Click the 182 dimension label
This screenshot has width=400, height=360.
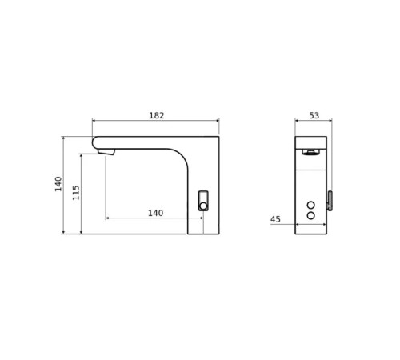(156, 116)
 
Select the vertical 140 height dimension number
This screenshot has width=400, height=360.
(58, 183)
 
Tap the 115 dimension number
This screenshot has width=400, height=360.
(77, 192)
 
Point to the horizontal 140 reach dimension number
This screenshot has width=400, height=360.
(155, 213)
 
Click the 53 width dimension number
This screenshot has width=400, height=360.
(314, 116)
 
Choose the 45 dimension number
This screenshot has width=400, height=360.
(275, 219)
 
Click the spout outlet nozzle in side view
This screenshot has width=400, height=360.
(106, 151)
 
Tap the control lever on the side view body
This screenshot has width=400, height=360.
(203, 200)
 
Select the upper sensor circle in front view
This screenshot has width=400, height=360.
(310, 206)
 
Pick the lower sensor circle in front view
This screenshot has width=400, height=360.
(310, 215)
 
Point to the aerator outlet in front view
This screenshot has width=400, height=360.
(310, 150)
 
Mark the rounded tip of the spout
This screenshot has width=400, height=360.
(95, 143)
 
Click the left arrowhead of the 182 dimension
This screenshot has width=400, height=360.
(94, 121)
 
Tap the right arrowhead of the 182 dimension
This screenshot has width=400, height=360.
(217, 121)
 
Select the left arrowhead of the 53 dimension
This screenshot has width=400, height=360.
(297, 121)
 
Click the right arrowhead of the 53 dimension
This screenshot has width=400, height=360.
(330, 121)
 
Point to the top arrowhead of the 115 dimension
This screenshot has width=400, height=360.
(81, 155)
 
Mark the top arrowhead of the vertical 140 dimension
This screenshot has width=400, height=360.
(63, 138)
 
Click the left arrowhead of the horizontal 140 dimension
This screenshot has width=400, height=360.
(108, 218)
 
